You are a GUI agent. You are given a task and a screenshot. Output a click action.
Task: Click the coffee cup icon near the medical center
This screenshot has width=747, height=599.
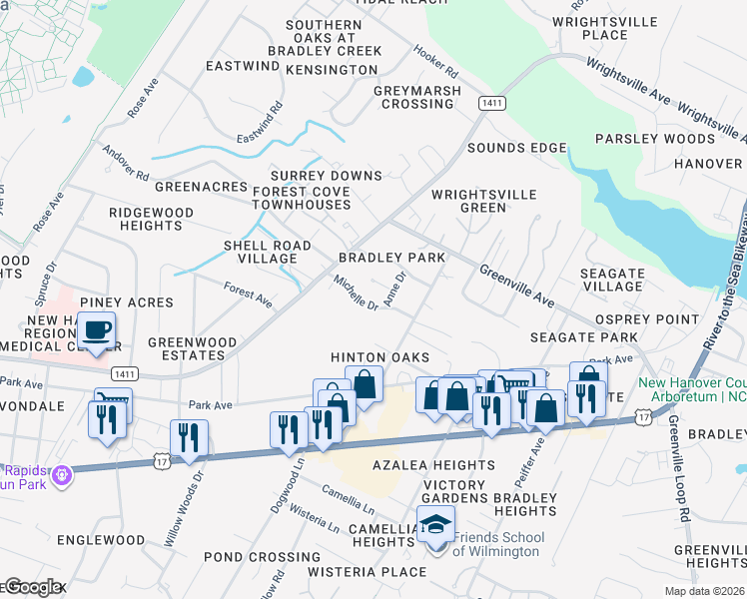(x=96, y=330)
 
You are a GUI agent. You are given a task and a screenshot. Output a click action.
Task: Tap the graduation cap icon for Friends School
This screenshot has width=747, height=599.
(x=435, y=525)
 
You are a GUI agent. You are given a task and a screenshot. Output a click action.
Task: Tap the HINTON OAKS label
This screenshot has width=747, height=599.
(x=379, y=357)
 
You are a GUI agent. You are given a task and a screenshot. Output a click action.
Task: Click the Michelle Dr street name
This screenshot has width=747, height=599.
(x=356, y=293)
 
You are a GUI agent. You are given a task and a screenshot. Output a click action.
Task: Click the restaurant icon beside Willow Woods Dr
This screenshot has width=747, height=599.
(x=188, y=436)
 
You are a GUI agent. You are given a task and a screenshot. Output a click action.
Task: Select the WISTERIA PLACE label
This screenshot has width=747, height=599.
(x=368, y=572)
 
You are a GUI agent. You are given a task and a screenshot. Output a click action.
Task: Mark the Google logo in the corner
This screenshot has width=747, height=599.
(x=33, y=587)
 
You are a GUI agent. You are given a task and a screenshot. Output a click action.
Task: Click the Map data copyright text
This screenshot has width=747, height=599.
(x=704, y=591)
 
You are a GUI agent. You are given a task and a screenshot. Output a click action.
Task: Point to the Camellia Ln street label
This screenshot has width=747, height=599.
(x=348, y=493)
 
